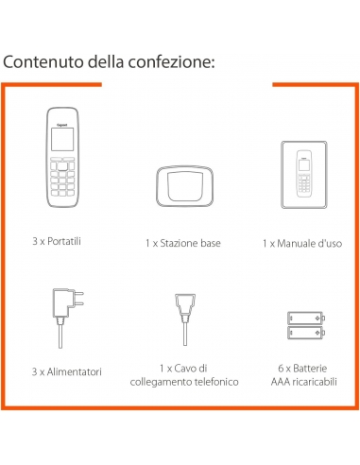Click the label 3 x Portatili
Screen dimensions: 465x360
57,241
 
